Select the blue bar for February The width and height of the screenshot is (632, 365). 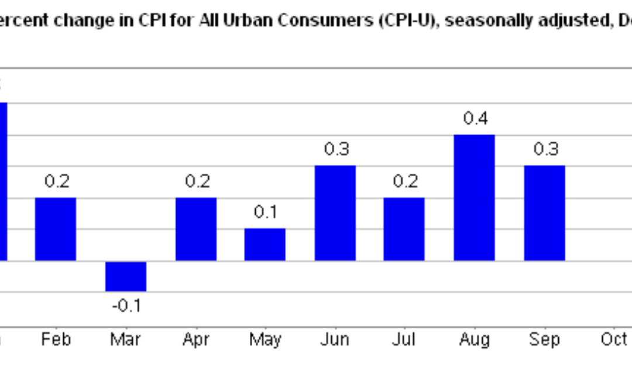(x=56, y=229)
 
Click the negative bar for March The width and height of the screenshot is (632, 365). (x=126, y=276)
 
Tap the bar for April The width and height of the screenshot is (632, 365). (x=196, y=229)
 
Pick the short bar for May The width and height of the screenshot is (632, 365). (x=265, y=245)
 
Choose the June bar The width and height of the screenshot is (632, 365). (x=335, y=213)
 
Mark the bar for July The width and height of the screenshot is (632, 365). (x=404, y=229)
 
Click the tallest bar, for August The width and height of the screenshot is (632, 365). (x=475, y=198)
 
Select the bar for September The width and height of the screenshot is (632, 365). (x=545, y=213)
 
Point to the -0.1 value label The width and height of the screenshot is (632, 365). (x=126, y=305)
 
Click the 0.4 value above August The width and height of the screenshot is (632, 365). (x=475, y=119)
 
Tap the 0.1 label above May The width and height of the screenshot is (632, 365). (x=265, y=212)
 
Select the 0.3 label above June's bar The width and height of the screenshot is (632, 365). (x=336, y=149)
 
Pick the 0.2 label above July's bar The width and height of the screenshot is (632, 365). (x=405, y=181)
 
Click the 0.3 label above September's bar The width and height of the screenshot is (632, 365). (x=545, y=149)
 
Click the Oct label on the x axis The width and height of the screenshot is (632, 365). (x=614, y=339)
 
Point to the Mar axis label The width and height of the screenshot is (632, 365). (x=126, y=339)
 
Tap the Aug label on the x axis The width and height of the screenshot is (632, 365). (x=475, y=339)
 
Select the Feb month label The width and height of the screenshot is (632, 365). (x=56, y=339)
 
